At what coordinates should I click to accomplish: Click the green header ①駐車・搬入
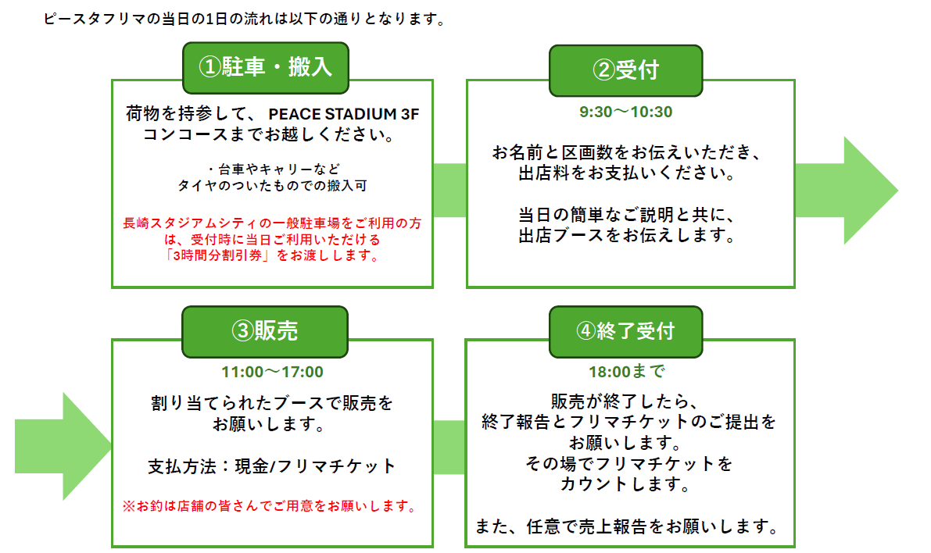click(266, 68)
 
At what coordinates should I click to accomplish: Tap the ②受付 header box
click(626, 70)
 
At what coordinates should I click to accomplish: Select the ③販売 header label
click(265, 331)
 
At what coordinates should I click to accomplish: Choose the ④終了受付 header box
click(626, 331)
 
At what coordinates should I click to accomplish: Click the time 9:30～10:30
click(626, 112)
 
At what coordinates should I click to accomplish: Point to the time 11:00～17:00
click(273, 372)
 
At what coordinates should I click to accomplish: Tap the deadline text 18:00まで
click(626, 372)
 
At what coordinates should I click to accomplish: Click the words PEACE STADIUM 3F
click(344, 114)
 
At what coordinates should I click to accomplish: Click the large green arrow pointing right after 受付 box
click(846, 191)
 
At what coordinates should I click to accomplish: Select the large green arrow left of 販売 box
click(63, 446)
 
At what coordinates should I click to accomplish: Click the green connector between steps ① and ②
click(450, 191)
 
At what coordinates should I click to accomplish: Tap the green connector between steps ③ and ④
click(449, 448)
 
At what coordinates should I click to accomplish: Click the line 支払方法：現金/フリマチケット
click(272, 466)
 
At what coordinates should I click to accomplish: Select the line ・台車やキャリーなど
click(273, 169)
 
